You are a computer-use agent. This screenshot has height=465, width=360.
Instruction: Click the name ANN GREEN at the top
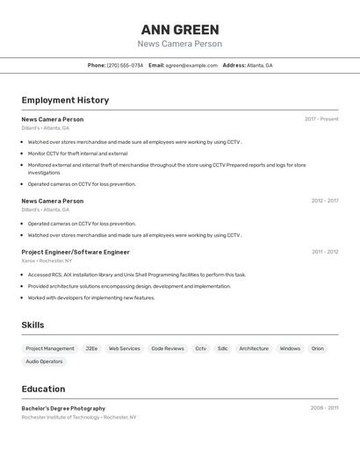coord(180,30)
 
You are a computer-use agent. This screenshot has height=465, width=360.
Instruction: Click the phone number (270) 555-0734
coord(125,66)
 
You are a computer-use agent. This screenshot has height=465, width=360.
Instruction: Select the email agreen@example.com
coord(191,66)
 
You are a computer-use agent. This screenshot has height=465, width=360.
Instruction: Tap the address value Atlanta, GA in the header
coord(260,66)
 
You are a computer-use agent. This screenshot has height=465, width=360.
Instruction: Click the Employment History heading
coord(65,100)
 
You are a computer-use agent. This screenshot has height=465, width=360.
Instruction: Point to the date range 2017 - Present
coord(321,119)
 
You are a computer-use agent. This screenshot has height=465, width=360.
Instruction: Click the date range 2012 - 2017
coord(324,201)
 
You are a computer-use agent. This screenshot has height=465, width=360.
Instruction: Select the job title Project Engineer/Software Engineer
coord(76,252)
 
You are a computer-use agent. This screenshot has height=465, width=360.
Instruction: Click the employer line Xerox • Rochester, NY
coord(47,261)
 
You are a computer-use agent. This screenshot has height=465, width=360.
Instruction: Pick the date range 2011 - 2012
coord(324,252)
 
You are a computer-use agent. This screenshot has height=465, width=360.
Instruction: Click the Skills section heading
coord(32,325)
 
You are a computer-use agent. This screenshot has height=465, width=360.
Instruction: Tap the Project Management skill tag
coord(50,348)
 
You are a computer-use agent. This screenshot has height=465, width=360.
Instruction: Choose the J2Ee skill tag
coord(91,348)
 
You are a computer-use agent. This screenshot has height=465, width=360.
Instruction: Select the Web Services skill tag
coord(124,348)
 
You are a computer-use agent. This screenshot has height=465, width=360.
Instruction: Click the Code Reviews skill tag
coord(168,348)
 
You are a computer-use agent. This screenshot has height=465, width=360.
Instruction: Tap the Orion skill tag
coord(317,348)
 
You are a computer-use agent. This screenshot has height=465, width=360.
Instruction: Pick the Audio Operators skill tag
coord(44,361)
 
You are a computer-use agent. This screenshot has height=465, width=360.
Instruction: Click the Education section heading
coord(43,389)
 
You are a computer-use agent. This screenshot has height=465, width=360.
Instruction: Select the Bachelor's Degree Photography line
coord(63,408)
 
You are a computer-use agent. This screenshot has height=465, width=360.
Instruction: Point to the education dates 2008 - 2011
coord(324,408)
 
